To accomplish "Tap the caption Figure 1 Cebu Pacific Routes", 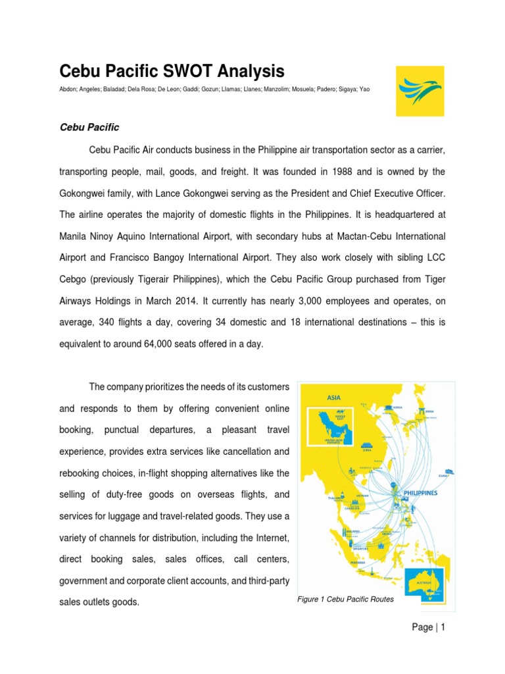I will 345,600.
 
